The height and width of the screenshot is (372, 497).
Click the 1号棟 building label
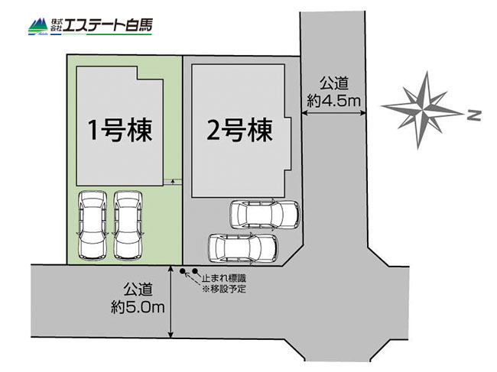(x=119, y=130)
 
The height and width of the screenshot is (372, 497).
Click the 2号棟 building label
(x=239, y=130)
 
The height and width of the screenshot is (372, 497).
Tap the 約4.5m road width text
(x=334, y=101)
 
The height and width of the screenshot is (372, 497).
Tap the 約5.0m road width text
(x=138, y=307)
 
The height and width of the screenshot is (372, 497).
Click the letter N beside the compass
(x=474, y=115)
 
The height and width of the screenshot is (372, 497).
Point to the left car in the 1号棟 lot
(x=93, y=225)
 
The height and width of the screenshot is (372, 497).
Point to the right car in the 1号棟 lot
(x=128, y=225)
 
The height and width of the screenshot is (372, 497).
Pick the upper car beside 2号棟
(x=265, y=215)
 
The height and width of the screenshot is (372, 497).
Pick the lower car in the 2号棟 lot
(x=243, y=248)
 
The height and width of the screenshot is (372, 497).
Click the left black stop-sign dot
(x=182, y=271)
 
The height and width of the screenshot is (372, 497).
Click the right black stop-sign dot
(x=195, y=271)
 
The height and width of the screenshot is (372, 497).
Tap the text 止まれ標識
(x=224, y=278)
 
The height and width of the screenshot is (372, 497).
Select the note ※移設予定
(x=224, y=289)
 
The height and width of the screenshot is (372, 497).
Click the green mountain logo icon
(x=38, y=26)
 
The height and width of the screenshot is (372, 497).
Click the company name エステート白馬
(x=108, y=25)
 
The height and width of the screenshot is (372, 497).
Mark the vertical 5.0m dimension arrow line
(x=171, y=302)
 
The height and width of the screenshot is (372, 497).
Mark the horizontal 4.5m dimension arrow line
(x=333, y=112)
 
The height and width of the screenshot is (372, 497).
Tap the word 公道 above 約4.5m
(x=334, y=83)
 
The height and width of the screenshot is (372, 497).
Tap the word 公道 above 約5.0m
(x=138, y=289)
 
